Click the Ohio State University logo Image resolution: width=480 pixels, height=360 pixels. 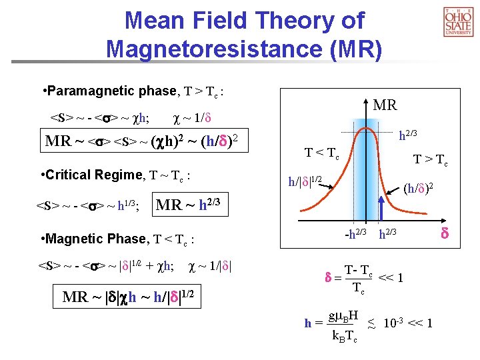coord(457,22)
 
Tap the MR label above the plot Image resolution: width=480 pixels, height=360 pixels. coord(385,105)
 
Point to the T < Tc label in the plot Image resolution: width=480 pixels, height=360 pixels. coord(322,153)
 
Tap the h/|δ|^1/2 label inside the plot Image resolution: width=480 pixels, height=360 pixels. coord(305,181)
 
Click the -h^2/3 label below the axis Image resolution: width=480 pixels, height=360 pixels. coord(355,233)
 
